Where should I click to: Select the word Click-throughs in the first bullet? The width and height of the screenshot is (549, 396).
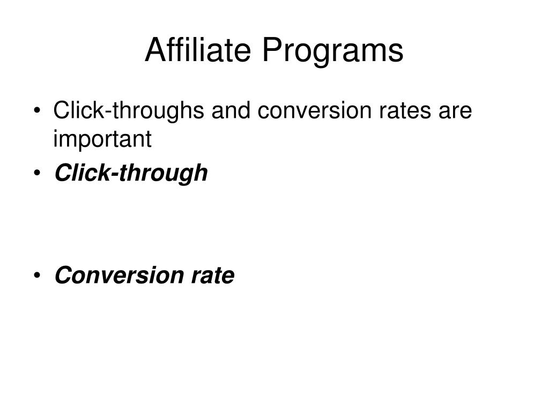pyautogui.click(x=129, y=111)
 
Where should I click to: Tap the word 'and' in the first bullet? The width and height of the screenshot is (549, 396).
pyautogui.click(x=231, y=110)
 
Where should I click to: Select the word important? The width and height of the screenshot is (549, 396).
pyautogui.click(x=102, y=139)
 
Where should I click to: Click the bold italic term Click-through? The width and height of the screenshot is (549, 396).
pyautogui.click(x=131, y=173)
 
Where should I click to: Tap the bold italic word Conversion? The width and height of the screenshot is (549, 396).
pyautogui.click(x=119, y=275)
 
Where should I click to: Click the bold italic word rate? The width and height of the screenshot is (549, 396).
pyautogui.click(x=213, y=276)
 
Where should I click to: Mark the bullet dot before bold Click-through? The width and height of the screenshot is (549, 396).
pyautogui.click(x=37, y=173)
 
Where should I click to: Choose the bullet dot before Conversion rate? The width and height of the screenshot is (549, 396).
pyautogui.click(x=37, y=275)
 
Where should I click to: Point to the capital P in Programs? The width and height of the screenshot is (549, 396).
pyautogui.click(x=272, y=50)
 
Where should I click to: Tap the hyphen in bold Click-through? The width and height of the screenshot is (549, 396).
pyautogui.click(x=114, y=174)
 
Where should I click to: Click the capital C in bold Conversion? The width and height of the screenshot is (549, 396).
pyautogui.click(x=64, y=275)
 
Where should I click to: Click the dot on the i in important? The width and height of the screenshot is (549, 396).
pyautogui.click(x=55, y=131)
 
